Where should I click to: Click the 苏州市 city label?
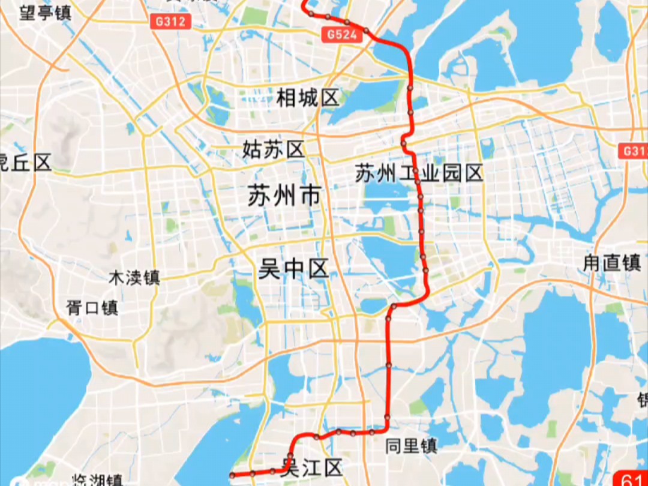tap(284, 196)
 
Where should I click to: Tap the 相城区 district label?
tap(308, 97)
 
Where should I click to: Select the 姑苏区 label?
tap(274, 149)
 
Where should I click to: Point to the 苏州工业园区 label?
tap(419, 174)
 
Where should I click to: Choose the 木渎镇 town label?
tap(134, 278)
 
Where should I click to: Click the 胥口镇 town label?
tap(92, 308)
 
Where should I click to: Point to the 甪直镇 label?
tap(612, 263)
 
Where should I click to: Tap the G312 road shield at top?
tap(170, 22)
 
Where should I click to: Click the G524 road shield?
tap(342, 35)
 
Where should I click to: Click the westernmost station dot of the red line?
tap(232, 475)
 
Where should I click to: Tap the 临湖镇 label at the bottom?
tap(97, 480)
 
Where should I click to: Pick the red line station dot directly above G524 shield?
tap(347, 22)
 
